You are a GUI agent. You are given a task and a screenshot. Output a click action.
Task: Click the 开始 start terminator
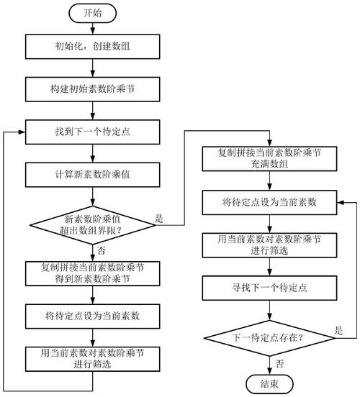pyautogui.click(x=93, y=13)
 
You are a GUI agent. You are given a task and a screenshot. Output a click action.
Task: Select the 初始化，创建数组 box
pyautogui.click(x=93, y=48)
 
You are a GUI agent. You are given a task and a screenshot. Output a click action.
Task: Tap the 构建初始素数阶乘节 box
pyautogui.click(x=93, y=90)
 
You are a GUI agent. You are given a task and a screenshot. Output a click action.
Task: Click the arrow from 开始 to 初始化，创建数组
pyautogui.click(x=93, y=28)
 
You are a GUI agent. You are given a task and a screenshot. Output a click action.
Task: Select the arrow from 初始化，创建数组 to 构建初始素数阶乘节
pyautogui.click(x=93, y=69)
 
